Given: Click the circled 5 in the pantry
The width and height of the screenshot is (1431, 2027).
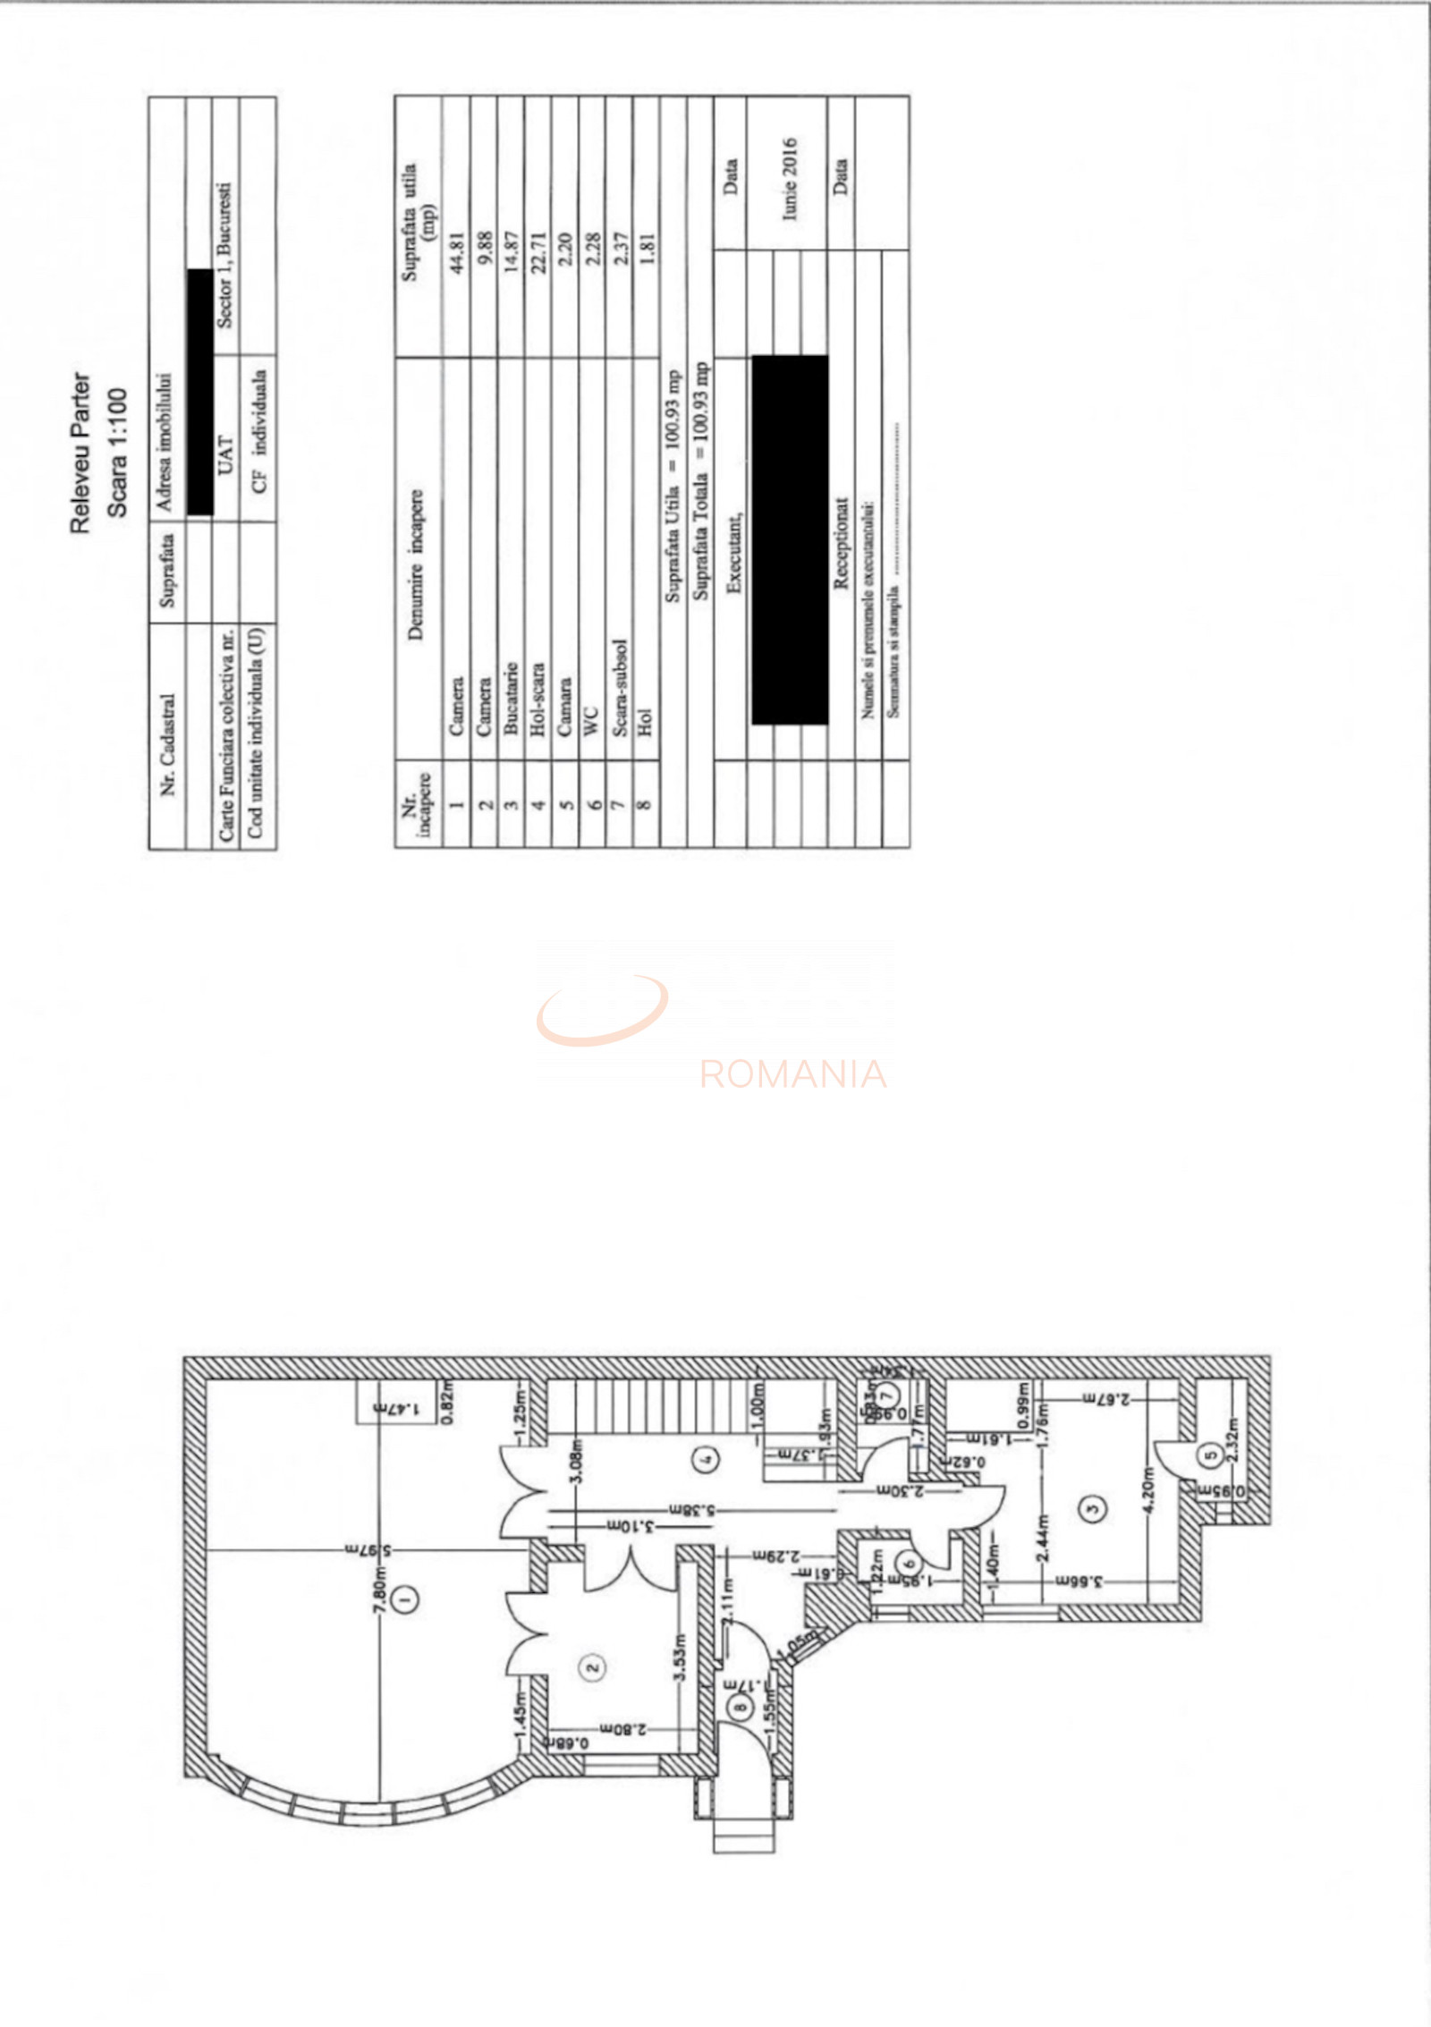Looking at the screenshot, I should pyautogui.click(x=1211, y=1455).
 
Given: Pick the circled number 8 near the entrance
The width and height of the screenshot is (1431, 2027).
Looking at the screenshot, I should pyautogui.click(x=739, y=1707).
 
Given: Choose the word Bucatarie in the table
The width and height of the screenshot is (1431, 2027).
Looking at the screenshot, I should pyautogui.click(x=511, y=698).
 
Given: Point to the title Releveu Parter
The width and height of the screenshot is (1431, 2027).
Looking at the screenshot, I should pyautogui.click(x=80, y=453).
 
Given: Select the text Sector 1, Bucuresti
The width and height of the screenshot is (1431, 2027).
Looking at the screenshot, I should pyautogui.click(x=225, y=256).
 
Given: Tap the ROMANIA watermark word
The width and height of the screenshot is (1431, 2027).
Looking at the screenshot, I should pyautogui.click(x=792, y=1073).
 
